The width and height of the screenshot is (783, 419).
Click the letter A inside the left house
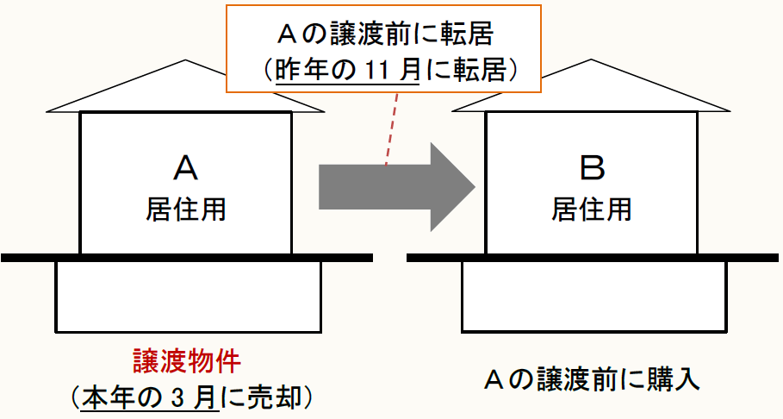click(x=185, y=168)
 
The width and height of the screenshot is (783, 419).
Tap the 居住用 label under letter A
click(x=185, y=209)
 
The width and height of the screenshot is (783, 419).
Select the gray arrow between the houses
click(x=396, y=185)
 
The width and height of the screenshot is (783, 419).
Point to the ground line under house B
click(x=594, y=258)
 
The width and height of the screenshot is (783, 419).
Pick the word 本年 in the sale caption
click(x=109, y=397)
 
